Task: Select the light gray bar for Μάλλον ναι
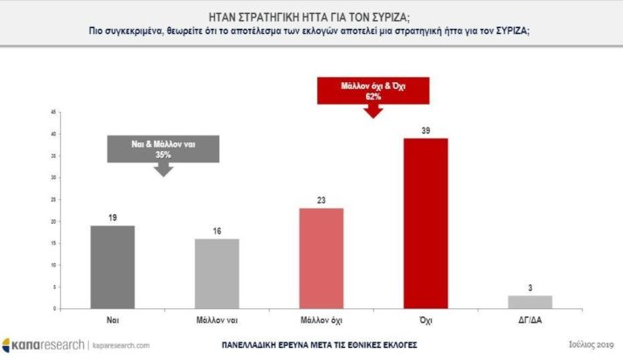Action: (216, 273)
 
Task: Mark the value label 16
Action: (216, 231)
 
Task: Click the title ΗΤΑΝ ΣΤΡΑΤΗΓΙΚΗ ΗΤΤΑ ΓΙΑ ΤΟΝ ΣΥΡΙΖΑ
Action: (310, 16)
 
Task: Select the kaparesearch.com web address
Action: (121, 345)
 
